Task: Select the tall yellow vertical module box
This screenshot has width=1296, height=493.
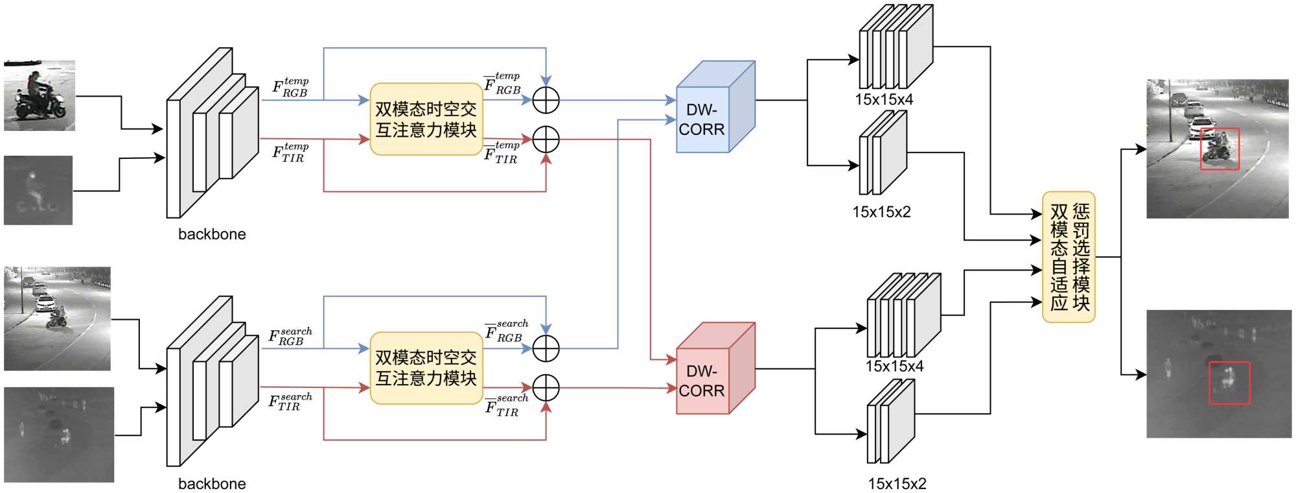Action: tap(1069, 257)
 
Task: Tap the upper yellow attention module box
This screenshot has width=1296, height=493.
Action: tap(426, 119)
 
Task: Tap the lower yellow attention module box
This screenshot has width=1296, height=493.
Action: tap(426, 368)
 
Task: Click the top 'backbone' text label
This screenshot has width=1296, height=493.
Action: tap(212, 234)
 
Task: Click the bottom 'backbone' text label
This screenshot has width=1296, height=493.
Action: tap(212, 483)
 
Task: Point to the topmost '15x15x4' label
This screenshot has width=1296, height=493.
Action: tap(884, 99)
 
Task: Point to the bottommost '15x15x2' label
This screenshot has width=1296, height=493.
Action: tap(897, 483)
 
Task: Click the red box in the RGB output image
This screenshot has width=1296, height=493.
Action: tap(1220, 149)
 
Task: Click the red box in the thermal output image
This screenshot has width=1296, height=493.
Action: tap(1229, 383)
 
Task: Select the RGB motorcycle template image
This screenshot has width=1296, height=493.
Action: tap(40, 95)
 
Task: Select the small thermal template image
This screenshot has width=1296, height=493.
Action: tap(38, 190)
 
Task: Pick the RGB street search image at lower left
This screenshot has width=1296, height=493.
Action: tap(58, 319)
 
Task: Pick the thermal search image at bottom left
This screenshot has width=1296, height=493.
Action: tap(59, 435)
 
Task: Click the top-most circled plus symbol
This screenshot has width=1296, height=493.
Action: tap(546, 100)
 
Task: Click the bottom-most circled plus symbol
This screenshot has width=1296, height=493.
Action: tap(546, 388)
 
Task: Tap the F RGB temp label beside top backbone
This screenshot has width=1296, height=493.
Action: tap(290, 87)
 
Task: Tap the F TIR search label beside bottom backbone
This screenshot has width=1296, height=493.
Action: tap(290, 402)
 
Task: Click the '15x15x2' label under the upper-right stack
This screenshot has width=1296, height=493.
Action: tap(881, 211)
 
